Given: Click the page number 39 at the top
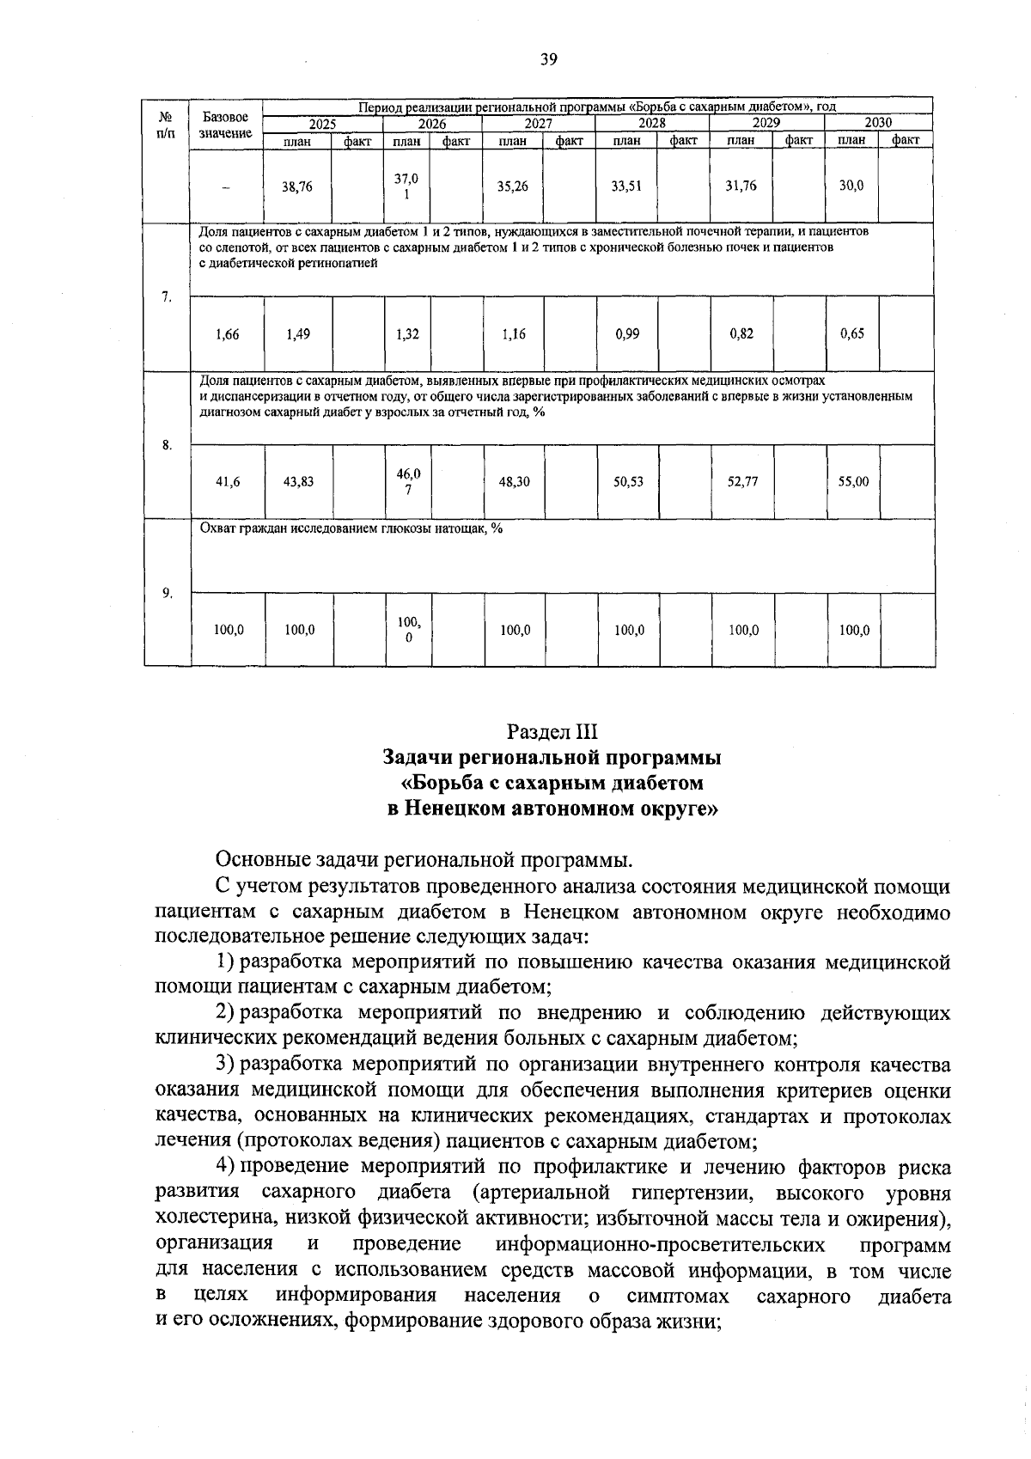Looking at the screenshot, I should [549, 59].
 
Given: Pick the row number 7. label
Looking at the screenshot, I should [167, 297].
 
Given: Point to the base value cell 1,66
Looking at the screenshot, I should [228, 334].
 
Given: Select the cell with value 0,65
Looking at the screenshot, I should [852, 334].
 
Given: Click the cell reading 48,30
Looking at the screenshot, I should [515, 482].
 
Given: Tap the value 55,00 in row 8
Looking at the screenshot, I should [853, 482].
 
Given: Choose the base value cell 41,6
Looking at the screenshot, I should [228, 482].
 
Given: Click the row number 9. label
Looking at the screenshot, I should [167, 593].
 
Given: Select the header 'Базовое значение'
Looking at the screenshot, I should [226, 125].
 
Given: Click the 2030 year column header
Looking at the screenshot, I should [878, 123].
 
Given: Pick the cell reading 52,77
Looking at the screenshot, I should [742, 482].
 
